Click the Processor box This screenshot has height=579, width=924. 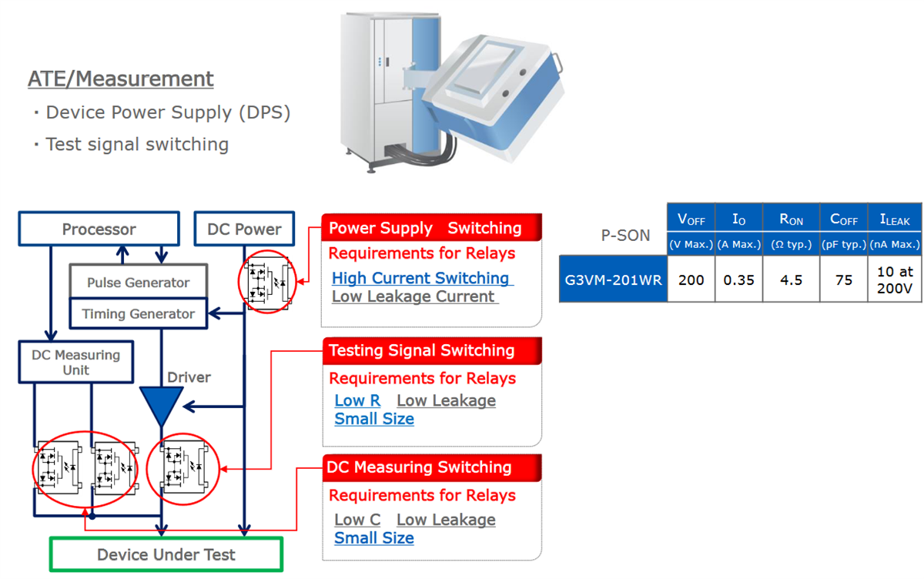99,229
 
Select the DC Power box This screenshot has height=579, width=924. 244,229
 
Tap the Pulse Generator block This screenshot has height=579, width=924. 139,283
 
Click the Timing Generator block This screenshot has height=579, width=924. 139,314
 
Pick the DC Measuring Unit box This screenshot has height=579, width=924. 76,363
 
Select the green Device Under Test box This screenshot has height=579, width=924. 166,554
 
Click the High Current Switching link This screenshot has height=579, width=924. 421,278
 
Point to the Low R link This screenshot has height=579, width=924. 357,400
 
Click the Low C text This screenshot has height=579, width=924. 357,520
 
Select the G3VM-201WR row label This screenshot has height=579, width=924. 613,279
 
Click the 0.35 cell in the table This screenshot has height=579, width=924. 738,279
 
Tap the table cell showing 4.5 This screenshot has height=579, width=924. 791,279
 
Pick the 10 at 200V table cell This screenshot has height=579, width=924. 894,279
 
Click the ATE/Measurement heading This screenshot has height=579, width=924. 121,79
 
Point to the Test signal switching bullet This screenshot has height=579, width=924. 136,144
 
